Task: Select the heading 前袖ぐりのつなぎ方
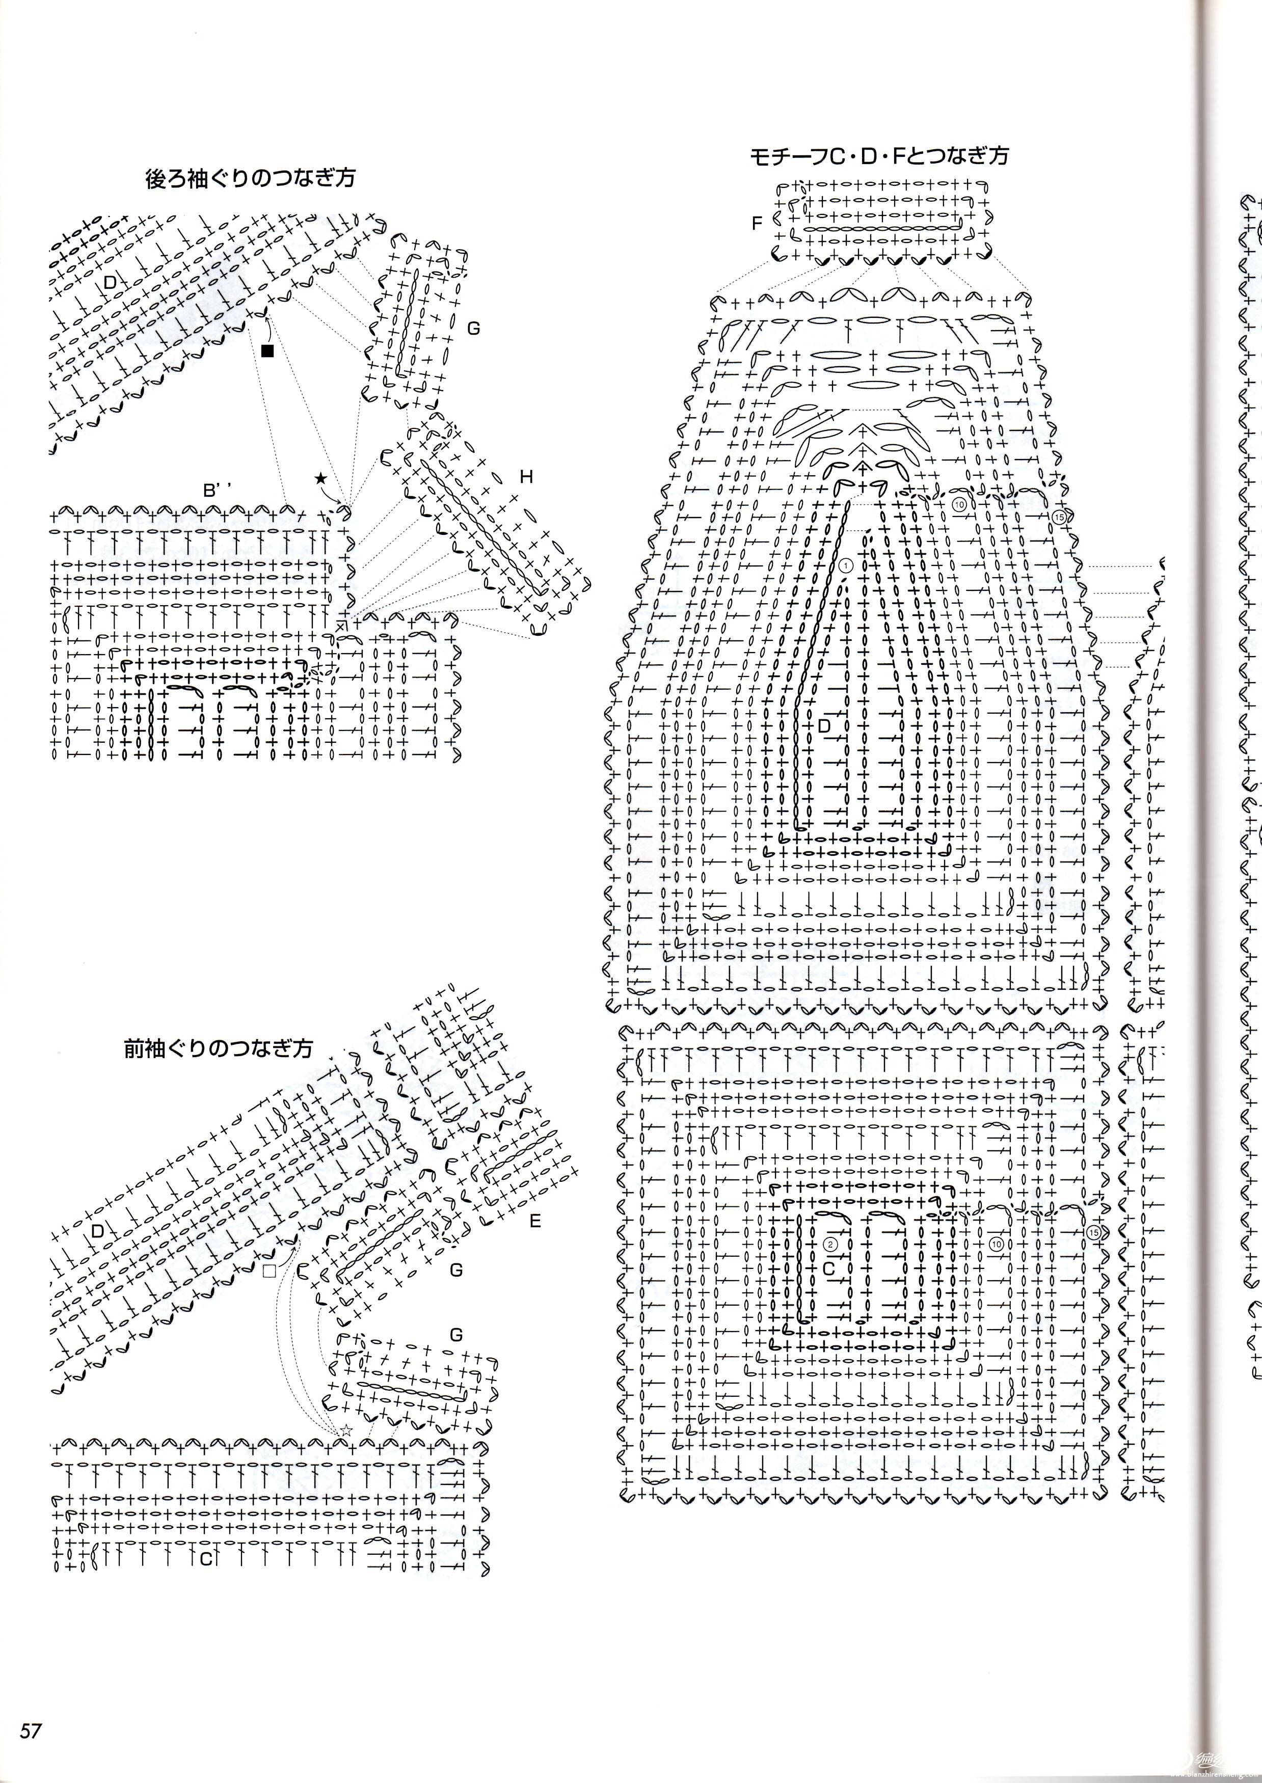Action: (x=219, y=1048)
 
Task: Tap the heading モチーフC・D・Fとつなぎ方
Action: (x=879, y=156)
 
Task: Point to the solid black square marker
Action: (x=268, y=350)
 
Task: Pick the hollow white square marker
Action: (x=270, y=1271)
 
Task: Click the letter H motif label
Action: (x=527, y=477)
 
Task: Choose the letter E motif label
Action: (x=534, y=1221)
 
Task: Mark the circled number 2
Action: (x=830, y=1244)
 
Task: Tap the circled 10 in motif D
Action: (x=959, y=504)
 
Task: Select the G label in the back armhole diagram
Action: (x=473, y=329)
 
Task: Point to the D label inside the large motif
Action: (x=825, y=725)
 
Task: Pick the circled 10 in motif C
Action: (x=997, y=1245)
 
